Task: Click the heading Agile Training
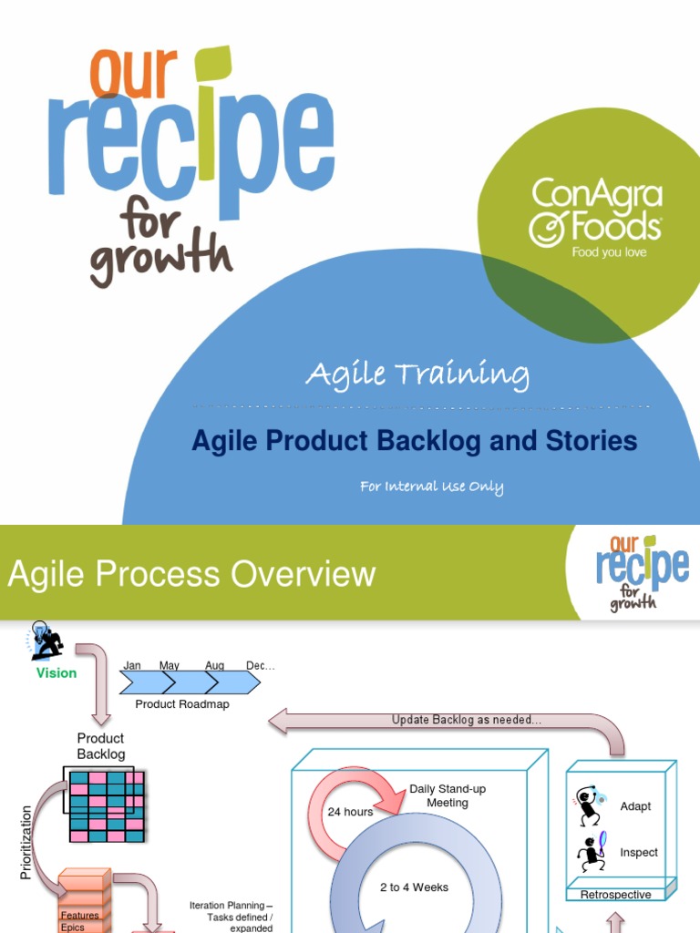pos(417,374)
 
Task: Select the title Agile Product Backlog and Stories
pos(414,442)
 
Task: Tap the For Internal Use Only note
pos(431,487)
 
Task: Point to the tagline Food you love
pos(609,252)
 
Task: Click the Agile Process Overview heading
pos(191,575)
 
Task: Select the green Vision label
pos(57,673)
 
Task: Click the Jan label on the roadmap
pos(132,666)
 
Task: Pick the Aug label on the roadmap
pos(215,666)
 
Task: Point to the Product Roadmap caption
pos(182,704)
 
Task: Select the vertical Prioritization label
pos(26,842)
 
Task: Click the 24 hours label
pos(350,812)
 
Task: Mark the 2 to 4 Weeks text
pos(415,887)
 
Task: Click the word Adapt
pos(635,806)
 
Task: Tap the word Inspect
pos(639,853)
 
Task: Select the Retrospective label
pos(616,895)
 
